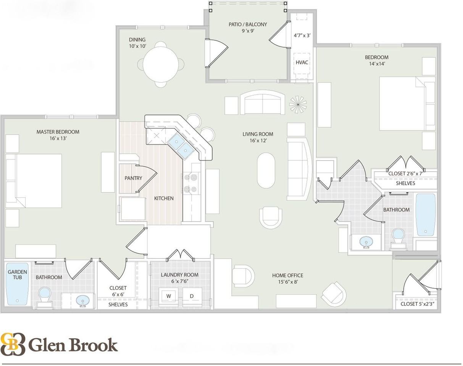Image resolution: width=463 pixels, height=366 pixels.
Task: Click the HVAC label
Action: coord(302,63)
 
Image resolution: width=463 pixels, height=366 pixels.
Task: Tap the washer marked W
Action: coord(168,296)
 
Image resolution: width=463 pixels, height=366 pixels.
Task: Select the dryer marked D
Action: coord(192,296)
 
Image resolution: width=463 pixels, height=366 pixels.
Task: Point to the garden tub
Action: coord(18,284)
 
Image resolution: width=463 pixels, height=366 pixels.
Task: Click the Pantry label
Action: coord(133,178)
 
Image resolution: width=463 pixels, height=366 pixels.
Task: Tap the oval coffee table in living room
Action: coord(266,170)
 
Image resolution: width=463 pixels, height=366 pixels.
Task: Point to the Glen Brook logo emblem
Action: coord(13,344)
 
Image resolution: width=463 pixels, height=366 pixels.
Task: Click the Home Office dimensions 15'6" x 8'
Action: coord(287,282)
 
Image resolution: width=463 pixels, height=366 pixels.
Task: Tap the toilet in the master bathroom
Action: coord(44,296)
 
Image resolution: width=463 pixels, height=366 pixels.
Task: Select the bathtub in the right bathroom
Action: coord(425,214)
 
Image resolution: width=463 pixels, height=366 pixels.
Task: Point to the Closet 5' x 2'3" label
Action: coord(417,304)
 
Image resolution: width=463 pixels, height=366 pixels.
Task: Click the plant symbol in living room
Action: coord(298,103)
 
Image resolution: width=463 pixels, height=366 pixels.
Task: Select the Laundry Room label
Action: coord(179,274)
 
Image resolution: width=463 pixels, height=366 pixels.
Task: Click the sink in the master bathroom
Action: coord(82,301)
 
